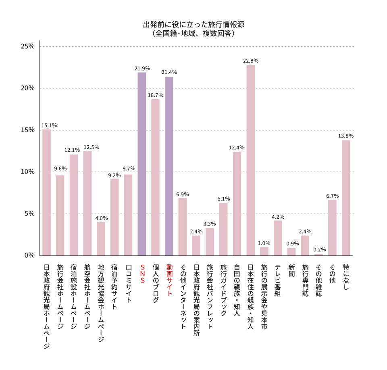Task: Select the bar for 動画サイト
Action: tap(169, 166)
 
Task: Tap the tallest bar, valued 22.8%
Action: tap(251, 160)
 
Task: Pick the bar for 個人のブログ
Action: tap(155, 177)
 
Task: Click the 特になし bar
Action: tap(346, 198)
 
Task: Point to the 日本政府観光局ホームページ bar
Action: tap(47, 192)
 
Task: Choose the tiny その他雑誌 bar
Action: tap(319, 255)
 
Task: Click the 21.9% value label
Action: tap(142, 68)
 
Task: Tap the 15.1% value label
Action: tap(49, 125)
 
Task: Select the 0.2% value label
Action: tap(320, 249)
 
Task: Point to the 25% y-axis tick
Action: tap(28, 46)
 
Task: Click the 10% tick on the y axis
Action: tap(28, 172)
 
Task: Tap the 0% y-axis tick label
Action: tap(29, 255)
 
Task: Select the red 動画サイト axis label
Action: tap(169, 281)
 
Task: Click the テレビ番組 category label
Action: tap(278, 280)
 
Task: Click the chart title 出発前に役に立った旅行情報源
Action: tap(193, 25)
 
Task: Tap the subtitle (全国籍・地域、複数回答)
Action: tap(193, 34)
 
